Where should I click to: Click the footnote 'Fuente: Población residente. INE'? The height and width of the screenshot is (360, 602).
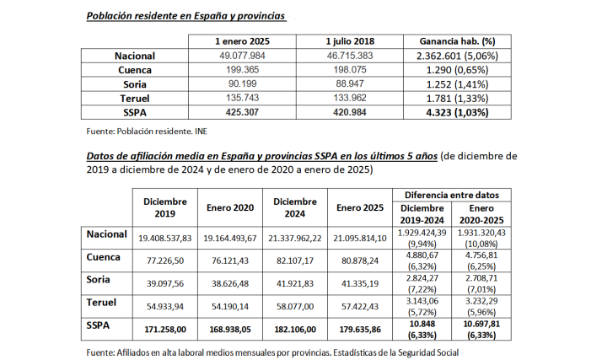tap(147, 132)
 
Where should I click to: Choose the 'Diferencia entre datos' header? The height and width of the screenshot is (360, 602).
tap(456, 195)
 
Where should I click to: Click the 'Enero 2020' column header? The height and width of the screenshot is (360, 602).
tap(230, 207)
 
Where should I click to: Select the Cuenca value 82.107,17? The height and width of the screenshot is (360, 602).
tap(295, 261)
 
